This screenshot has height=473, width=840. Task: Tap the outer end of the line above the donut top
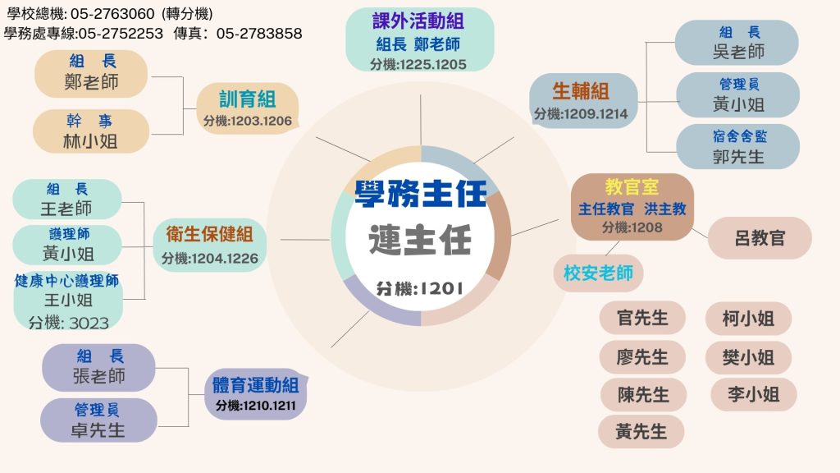pos(421,95)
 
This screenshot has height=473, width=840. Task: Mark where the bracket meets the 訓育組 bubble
pos(197,109)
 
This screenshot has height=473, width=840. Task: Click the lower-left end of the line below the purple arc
pos(331,347)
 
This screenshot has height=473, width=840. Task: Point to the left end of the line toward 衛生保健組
pos(280,240)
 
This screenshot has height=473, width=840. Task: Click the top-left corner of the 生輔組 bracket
pos(646,42)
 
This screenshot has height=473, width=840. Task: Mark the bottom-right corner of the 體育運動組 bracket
pos(189,427)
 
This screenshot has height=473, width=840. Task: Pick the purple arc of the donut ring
pos(375,305)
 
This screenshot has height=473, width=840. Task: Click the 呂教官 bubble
pos(760,237)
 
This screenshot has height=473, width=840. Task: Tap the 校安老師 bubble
pos(598,273)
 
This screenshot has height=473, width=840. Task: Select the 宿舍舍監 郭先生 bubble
pos(737,146)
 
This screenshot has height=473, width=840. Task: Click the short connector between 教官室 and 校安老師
pos(612,248)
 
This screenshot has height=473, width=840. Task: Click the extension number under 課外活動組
pos(418,64)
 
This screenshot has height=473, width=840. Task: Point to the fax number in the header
pos(259,33)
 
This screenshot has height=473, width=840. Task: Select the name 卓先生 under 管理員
pos(98,430)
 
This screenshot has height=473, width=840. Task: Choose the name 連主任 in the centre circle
pos(420,239)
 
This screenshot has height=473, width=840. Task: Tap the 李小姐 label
pos(753,394)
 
